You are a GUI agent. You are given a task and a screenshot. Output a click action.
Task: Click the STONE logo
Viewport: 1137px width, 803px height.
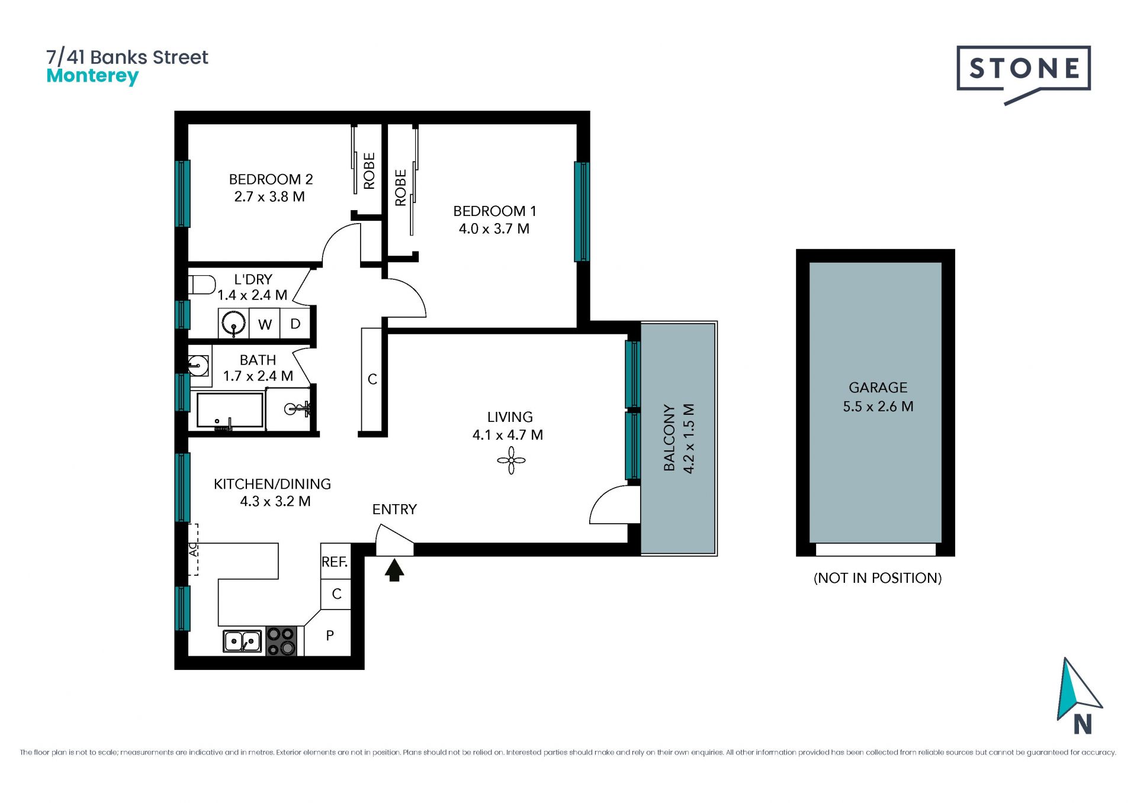(x=1023, y=74)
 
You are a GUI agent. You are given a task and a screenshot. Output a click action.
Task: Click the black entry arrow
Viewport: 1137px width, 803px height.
(x=394, y=570)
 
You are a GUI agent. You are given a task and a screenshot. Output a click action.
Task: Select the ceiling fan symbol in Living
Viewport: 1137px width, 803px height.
(x=511, y=460)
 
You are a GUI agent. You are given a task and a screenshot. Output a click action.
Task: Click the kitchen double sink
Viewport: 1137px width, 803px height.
(x=242, y=641)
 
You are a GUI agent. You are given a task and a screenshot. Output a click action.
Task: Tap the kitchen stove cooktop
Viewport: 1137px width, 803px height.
(x=281, y=641)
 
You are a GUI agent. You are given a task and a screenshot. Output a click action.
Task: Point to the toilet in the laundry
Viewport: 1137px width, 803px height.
(x=202, y=285)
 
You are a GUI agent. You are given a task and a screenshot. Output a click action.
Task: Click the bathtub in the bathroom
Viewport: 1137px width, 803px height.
(x=230, y=410)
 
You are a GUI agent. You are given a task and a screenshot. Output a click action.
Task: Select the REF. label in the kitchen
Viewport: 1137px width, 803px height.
(x=335, y=562)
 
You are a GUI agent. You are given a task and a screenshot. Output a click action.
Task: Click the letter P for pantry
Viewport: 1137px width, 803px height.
(x=330, y=636)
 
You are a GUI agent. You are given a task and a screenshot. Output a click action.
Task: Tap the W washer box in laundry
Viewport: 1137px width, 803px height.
(x=265, y=324)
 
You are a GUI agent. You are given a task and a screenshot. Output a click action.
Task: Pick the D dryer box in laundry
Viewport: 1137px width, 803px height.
(x=296, y=324)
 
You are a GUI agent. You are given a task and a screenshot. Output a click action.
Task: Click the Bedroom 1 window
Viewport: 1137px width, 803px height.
(x=582, y=211)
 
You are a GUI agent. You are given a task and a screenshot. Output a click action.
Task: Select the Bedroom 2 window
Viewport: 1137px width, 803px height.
(x=183, y=194)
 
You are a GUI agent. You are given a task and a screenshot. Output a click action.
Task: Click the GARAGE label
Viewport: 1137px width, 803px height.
(x=878, y=388)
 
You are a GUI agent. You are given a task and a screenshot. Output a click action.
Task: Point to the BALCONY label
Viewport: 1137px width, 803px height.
(x=669, y=438)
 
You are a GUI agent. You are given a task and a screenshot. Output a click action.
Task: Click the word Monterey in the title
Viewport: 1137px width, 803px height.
(x=92, y=76)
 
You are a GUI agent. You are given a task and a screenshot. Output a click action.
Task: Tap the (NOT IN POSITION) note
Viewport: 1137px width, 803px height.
(x=878, y=578)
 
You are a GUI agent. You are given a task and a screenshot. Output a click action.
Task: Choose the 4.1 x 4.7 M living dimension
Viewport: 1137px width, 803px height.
(x=508, y=435)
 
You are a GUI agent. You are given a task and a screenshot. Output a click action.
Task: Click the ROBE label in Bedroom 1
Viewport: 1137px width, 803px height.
(x=401, y=188)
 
